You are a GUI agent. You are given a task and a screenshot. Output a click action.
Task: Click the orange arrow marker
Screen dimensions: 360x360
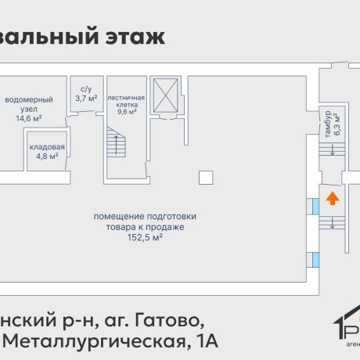point(332,198)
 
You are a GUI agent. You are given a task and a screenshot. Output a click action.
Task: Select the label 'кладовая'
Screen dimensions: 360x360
point(47,146)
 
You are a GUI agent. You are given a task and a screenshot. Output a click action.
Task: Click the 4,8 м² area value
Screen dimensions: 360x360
point(47,156)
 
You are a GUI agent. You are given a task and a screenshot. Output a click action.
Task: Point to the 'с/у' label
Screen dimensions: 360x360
point(86,90)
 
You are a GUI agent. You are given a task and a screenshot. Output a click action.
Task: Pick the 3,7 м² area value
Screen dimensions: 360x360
point(86,99)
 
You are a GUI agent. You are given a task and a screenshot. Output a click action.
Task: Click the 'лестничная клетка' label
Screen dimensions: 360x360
point(126,98)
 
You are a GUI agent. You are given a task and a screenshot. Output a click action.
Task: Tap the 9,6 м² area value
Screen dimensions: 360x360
point(126,111)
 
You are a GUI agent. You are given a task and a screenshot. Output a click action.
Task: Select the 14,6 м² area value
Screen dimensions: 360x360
point(29,118)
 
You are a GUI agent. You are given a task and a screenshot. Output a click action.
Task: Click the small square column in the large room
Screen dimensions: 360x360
point(205,178)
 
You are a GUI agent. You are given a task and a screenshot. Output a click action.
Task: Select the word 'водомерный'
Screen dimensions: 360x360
point(29,100)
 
